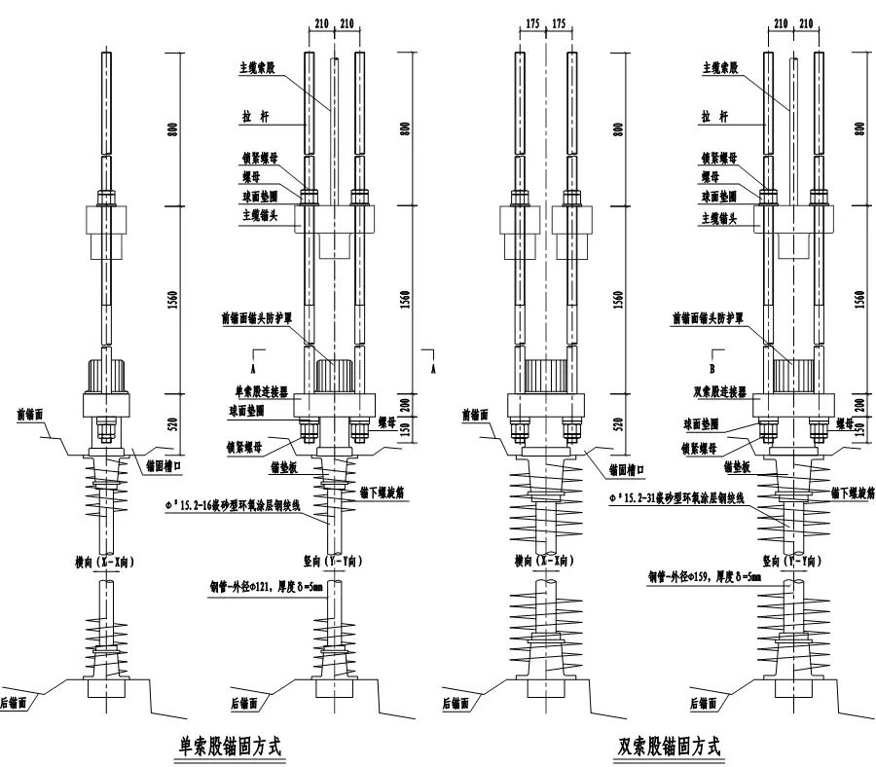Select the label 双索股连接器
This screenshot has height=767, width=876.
[x=716, y=392]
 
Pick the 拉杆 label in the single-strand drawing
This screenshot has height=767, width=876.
[x=257, y=115]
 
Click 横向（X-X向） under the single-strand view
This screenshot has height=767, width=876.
[x=107, y=562]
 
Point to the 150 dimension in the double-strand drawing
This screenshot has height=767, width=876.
[x=859, y=427]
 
